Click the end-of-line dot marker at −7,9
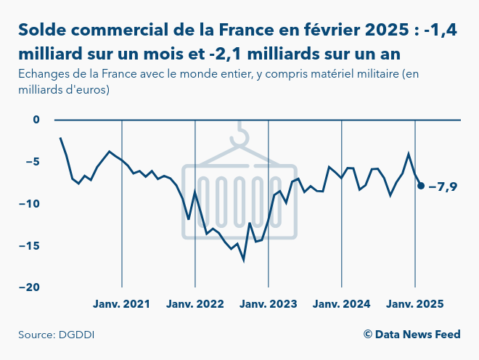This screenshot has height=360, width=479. (421, 186)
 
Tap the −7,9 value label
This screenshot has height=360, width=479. (443, 187)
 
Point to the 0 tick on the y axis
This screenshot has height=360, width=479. (37, 120)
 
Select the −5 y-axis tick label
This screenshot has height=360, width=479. (33, 162)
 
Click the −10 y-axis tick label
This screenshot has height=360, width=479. (30, 203)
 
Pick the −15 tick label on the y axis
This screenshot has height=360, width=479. (30, 245)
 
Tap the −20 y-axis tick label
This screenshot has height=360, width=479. (30, 287)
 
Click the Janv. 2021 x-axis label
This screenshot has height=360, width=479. (122, 303)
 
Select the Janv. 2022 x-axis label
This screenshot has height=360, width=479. (195, 303)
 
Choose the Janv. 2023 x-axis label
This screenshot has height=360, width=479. (269, 303)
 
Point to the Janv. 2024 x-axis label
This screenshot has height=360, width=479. (342, 303)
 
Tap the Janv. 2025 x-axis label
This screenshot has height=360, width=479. (414, 303)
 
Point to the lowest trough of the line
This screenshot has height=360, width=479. (244, 259)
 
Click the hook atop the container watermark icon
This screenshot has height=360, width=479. (240, 134)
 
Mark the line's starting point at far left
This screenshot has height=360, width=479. (60, 138)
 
